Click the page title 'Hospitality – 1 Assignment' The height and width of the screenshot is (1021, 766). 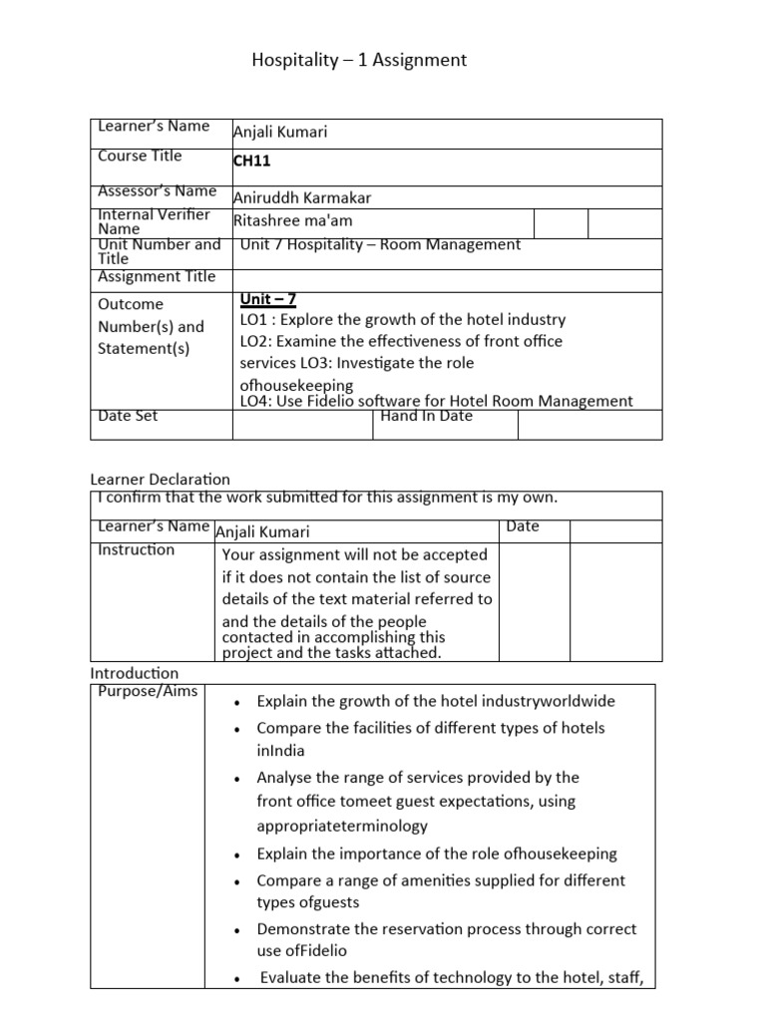(358, 61)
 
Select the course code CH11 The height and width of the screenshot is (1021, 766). (251, 161)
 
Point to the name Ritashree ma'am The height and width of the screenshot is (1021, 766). (292, 220)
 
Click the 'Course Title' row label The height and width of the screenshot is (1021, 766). (140, 156)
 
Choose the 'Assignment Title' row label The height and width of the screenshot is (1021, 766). (157, 276)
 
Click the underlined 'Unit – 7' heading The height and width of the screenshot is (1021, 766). (267, 299)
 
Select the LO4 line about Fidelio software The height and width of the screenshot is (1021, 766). (436, 401)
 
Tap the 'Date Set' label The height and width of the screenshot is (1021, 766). (128, 416)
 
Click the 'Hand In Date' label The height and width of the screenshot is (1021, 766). (427, 416)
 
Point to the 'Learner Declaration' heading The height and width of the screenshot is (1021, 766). (160, 480)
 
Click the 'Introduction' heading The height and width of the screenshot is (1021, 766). (135, 673)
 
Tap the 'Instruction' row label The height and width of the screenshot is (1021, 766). (136, 549)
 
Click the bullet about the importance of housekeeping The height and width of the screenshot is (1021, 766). (436, 853)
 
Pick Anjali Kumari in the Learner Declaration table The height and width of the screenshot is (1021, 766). (262, 532)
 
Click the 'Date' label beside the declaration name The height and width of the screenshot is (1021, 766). (522, 525)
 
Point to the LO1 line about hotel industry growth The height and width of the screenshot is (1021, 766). (402, 320)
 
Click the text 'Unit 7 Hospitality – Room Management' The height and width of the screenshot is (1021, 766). (380, 244)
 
